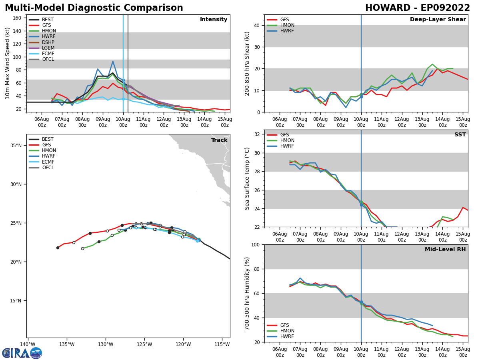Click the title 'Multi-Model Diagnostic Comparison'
click(x=94, y=8)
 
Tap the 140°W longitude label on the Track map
click(x=28, y=344)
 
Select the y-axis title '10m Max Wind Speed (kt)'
click(x=7, y=63)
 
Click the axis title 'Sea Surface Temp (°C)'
click(x=247, y=178)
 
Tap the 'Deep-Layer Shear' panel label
click(x=438, y=20)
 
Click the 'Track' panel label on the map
click(x=219, y=140)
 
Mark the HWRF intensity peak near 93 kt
click(x=113, y=61)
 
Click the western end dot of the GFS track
click(x=58, y=248)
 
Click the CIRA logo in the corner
click(x=22, y=353)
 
